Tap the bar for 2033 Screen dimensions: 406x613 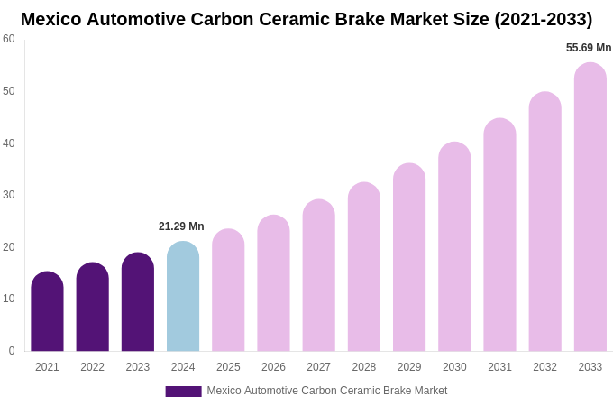pos(590,208)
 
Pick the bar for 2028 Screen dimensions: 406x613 pos(364,267)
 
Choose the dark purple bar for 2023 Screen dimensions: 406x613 pos(138,302)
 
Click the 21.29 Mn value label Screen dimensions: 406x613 pos(181,226)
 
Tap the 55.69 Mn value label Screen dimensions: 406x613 pos(589,48)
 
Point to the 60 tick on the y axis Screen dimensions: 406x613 pos(9,39)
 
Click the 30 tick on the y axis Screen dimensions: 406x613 pos(9,195)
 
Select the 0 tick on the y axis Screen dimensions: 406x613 pos(12,351)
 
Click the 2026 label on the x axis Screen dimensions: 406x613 pos(273,367)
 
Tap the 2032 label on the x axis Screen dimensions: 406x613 pos(544,367)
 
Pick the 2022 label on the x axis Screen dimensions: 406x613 pos(92,367)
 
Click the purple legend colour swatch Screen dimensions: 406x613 pos(183,392)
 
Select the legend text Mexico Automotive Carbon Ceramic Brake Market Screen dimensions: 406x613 pos(326,391)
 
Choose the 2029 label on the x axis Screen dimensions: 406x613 pos(409,367)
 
